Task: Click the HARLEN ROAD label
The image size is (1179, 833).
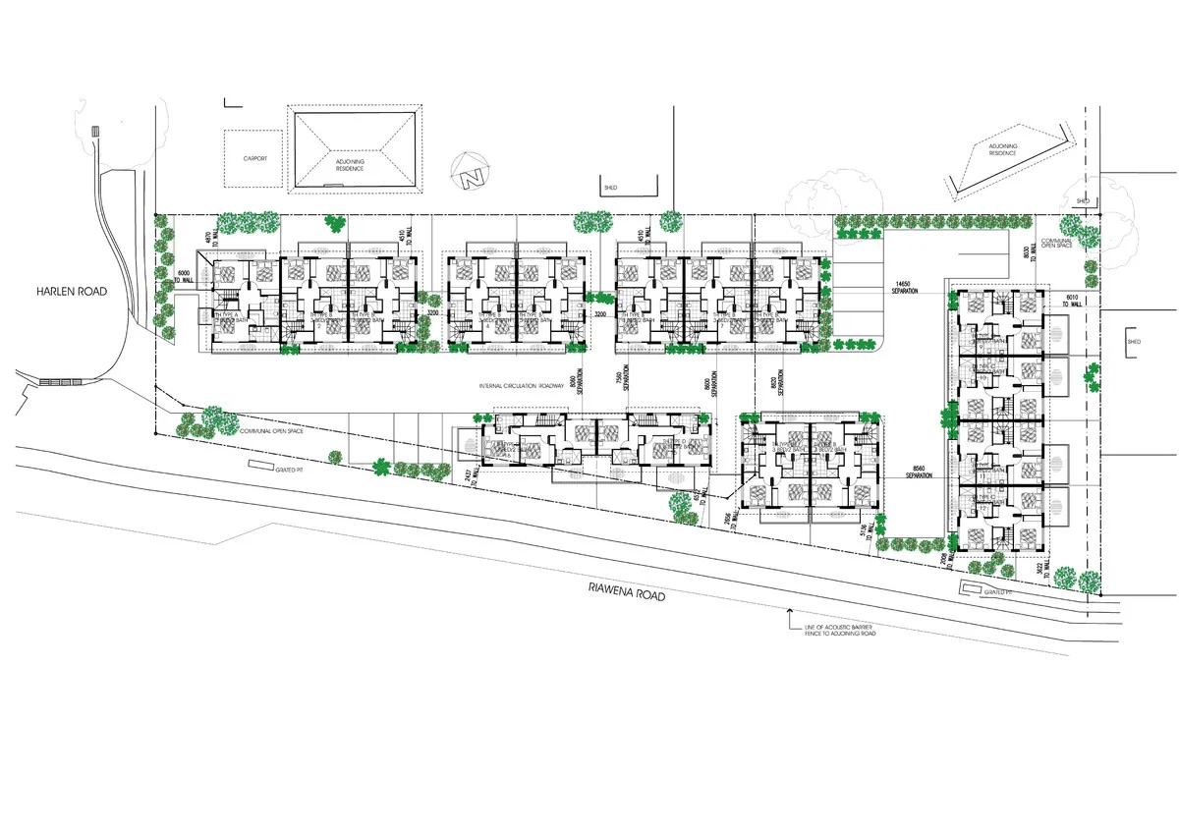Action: [72, 292]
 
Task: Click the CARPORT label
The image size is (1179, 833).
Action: [255, 158]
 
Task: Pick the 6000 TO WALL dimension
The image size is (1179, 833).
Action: [184, 277]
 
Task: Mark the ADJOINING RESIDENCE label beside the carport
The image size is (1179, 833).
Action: [349, 164]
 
